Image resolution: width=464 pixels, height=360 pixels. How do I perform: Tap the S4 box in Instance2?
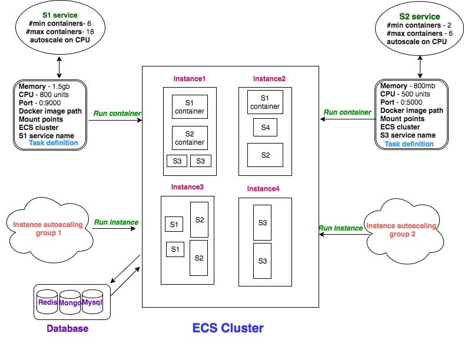pyautogui.click(x=265, y=127)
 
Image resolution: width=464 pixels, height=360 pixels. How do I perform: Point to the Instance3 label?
pyautogui.click(x=187, y=186)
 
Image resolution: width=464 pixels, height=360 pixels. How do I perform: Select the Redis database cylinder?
pyautogui.click(x=47, y=302)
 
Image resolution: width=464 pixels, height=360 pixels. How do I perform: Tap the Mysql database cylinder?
pyautogui.click(x=92, y=302)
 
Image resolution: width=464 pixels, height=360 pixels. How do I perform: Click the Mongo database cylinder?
pyautogui.click(x=70, y=303)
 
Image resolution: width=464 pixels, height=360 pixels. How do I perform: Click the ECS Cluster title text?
pyautogui.click(x=228, y=328)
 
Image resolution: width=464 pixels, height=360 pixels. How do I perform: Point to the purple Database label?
pyautogui.click(x=67, y=328)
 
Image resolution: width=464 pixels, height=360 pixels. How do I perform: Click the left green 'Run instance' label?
pyautogui.click(x=116, y=222)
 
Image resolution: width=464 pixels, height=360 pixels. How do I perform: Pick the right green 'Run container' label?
pyautogui.click(x=347, y=112)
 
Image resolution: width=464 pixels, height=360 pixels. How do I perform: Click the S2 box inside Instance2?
pyautogui.click(x=265, y=155)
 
